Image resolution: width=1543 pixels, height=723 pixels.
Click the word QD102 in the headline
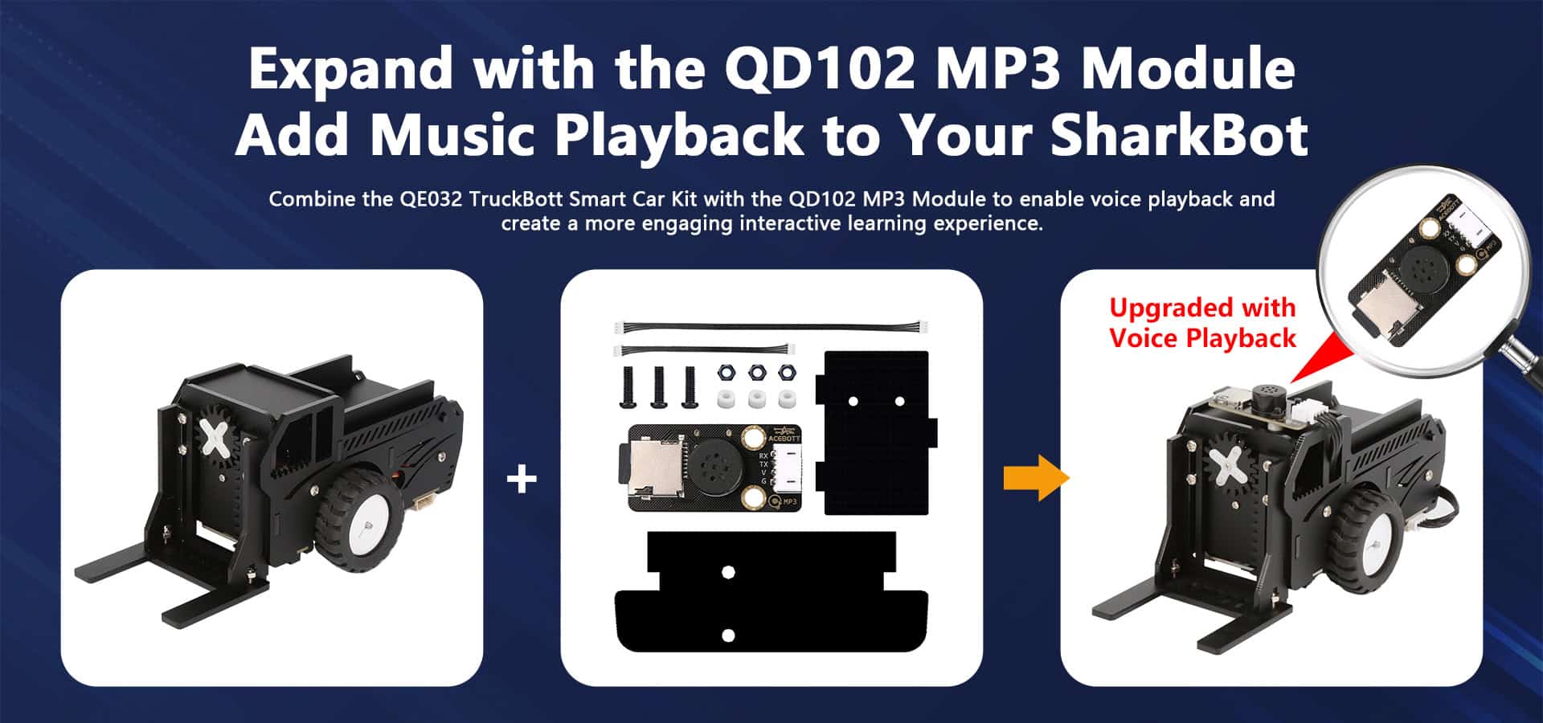(820, 69)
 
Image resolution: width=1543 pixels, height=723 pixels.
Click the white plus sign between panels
(522, 480)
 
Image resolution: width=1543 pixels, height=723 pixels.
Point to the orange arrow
(1037, 478)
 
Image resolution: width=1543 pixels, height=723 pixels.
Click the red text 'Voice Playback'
(1202, 338)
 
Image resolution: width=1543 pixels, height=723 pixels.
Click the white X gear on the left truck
(215, 439)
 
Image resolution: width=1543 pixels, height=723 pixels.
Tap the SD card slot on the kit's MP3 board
(639, 468)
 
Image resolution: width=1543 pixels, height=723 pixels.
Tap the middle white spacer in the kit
(755, 398)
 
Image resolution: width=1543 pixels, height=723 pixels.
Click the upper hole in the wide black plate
(728, 573)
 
